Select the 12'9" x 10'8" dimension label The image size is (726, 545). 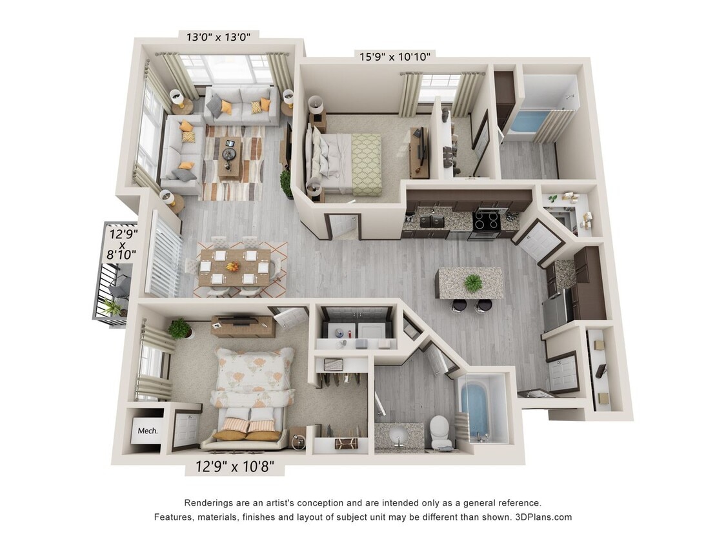(x=234, y=466)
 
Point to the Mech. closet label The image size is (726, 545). (x=148, y=430)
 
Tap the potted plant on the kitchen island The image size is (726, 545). (x=473, y=282)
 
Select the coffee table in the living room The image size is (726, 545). (x=230, y=156)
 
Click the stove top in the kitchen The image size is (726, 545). (x=487, y=221)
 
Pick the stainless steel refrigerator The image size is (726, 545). (x=555, y=309)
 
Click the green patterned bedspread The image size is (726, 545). (x=366, y=164)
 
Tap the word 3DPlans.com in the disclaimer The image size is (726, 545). (x=543, y=517)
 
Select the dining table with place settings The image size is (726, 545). (x=234, y=266)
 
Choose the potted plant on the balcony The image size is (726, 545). (x=114, y=307)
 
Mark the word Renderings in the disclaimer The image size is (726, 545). (x=210, y=502)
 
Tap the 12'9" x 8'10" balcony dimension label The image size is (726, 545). (x=123, y=243)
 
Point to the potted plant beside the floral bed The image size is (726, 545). (x=180, y=329)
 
